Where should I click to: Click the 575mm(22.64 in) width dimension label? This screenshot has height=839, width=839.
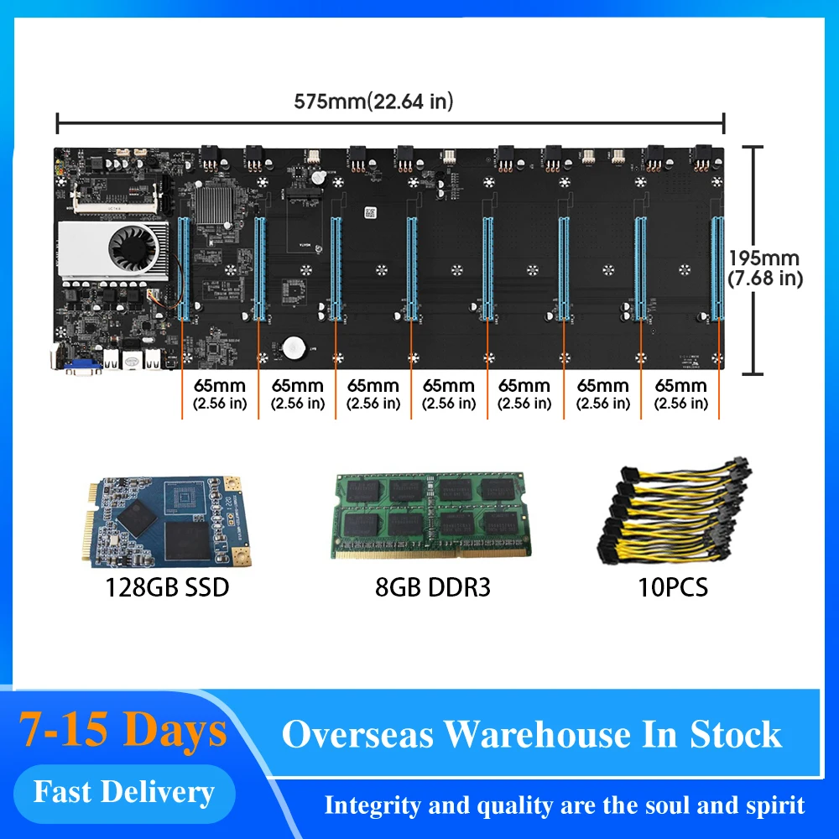tap(373, 102)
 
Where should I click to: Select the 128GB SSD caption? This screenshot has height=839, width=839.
tap(166, 586)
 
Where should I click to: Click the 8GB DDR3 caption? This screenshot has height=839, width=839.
tap(433, 586)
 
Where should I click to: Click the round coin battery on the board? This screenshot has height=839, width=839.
tap(293, 347)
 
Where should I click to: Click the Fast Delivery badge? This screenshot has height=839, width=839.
tap(123, 791)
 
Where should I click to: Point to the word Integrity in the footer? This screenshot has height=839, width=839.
tap(372, 806)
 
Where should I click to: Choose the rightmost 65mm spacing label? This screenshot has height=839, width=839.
tap(680, 393)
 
